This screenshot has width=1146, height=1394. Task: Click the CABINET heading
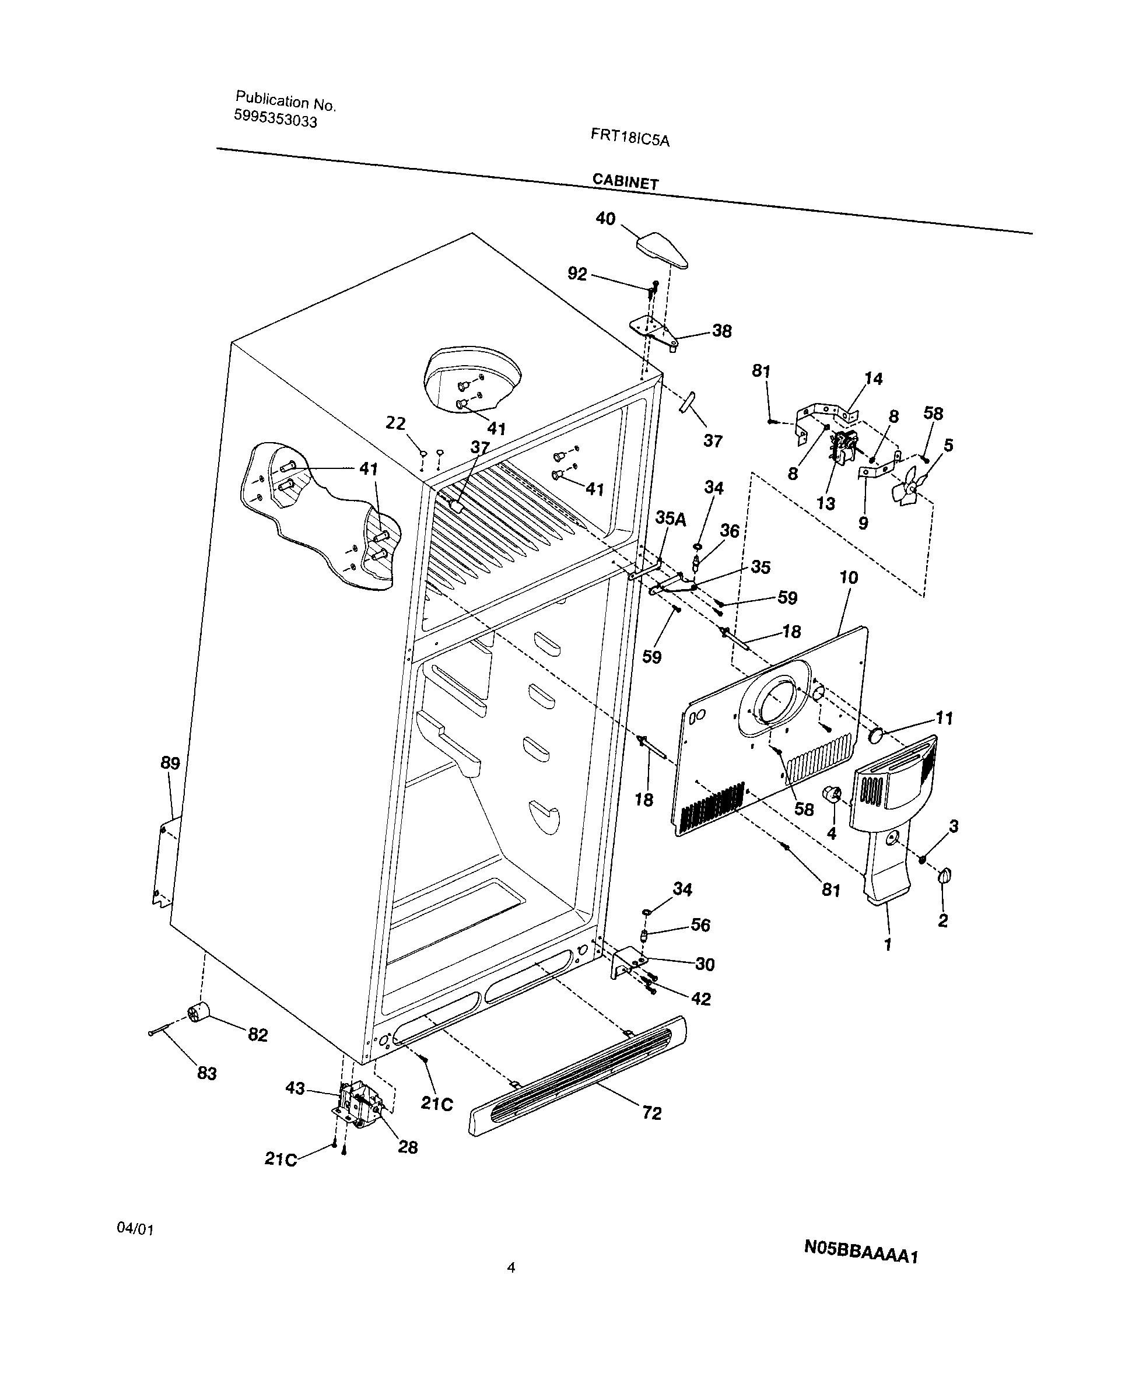click(x=625, y=181)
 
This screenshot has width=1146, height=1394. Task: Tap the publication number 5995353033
click(x=275, y=119)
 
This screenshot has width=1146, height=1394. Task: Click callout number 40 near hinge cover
click(x=605, y=219)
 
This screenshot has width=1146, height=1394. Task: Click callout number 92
click(x=577, y=273)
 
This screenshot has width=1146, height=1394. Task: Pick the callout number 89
click(x=170, y=763)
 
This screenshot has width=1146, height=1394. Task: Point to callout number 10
click(x=849, y=577)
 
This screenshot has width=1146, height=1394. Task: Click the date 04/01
click(x=135, y=1228)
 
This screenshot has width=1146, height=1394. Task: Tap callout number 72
click(x=651, y=1113)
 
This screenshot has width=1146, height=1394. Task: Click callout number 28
click(x=407, y=1147)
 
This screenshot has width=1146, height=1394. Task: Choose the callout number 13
click(x=825, y=503)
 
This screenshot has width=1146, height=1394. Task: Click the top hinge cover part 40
click(x=662, y=250)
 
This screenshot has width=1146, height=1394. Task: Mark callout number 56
click(x=700, y=924)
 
